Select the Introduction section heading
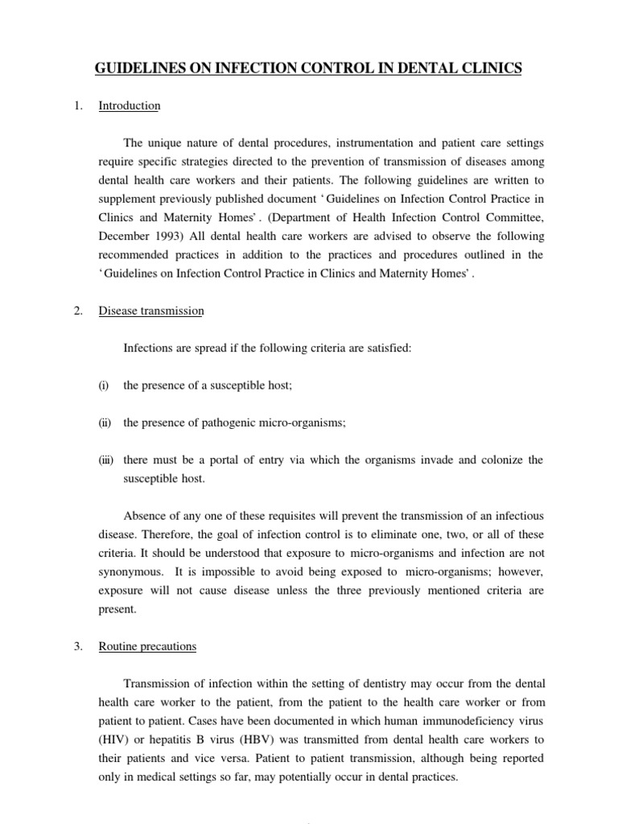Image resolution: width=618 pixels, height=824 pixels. (x=129, y=105)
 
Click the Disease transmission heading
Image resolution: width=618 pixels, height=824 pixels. (x=150, y=311)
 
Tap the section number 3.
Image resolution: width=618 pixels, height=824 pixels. (x=79, y=646)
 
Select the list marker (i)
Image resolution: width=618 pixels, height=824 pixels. (x=103, y=385)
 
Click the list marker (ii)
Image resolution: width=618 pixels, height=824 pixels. (x=105, y=422)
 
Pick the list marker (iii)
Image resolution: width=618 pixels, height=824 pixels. (x=105, y=459)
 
